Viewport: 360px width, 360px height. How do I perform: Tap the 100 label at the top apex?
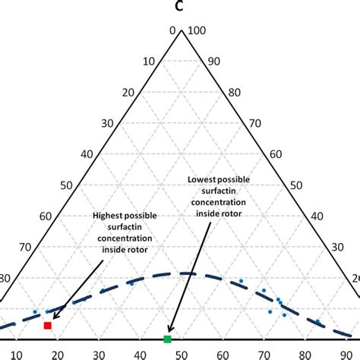click(197, 30)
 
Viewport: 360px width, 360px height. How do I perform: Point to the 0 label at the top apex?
click(172, 30)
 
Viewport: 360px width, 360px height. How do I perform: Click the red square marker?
click(48, 325)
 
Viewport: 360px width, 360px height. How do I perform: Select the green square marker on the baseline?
click(168, 338)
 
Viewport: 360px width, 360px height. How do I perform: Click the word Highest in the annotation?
click(110, 215)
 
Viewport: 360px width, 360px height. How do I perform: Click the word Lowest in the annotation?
click(205, 179)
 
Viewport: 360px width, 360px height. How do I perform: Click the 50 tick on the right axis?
click(317, 185)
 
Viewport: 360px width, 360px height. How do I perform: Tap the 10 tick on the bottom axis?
click(17, 354)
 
